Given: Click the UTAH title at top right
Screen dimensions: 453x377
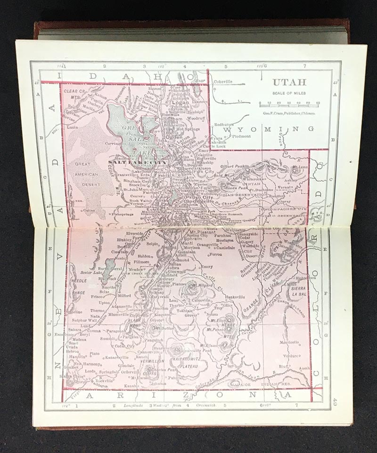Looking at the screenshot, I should point(289,82).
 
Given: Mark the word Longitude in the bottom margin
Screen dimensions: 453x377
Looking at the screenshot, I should point(134,405).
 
